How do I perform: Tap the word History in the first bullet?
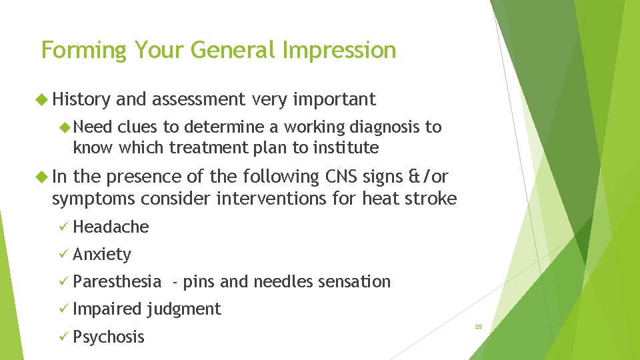tap(81, 100)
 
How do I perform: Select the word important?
tap(334, 100)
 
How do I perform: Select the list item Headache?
tap(111, 227)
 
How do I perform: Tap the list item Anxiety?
tap(102, 254)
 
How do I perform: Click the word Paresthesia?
tap(117, 282)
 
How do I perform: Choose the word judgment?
tap(183, 309)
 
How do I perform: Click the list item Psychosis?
tap(108, 337)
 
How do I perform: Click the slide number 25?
tap(478, 327)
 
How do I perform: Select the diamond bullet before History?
tap(45, 100)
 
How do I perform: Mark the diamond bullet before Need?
tap(65, 127)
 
